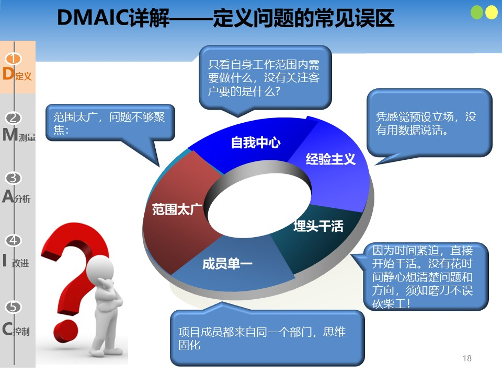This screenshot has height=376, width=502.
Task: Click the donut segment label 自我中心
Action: pyautogui.click(x=256, y=142)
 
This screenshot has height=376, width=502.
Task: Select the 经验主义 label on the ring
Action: pyautogui.click(x=330, y=159)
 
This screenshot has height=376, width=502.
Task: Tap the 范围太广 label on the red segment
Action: pyautogui.click(x=177, y=209)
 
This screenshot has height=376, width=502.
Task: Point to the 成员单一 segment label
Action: pyautogui.click(x=227, y=264)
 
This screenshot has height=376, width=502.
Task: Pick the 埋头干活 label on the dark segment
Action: pyautogui.click(x=318, y=226)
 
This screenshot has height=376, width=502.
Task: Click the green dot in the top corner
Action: pyautogui.click(x=477, y=13)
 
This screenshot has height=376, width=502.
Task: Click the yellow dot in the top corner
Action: pyautogui.click(x=492, y=13)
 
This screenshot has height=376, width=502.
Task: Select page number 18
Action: pyautogui.click(x=467, y=358)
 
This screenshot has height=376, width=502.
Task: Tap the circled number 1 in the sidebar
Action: pyautogui.click(x=13, y=59)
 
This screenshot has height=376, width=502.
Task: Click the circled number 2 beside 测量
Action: pyautogui.click(x=14, y=118)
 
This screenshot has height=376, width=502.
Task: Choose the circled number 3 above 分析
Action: pyautogui.click(x=14, y=178)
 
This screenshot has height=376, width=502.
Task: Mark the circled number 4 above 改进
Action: pyautogui.click(x=14, y=240)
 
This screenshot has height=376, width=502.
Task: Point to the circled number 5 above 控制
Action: pyautogui.click(x=14, y=307)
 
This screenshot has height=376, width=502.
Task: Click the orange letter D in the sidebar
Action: pyautogui.click(x=8, y=74)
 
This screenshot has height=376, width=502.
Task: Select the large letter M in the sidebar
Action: pyautogui.click(x=10, y=134)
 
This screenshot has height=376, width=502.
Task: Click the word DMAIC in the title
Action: pyautogui.click(x=93, y=18)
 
